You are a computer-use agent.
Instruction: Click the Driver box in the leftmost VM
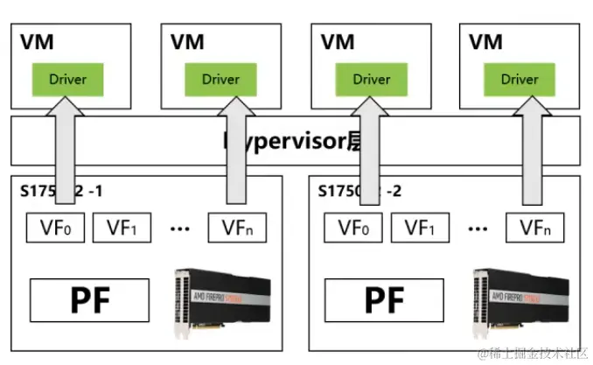(x=68, y=79)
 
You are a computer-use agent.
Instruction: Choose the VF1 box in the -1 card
(x=122, y=228)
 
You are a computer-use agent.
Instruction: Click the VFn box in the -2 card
(x=536, y=228)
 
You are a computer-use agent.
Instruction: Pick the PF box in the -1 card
(x=91, y=299)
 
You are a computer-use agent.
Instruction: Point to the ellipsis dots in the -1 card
(x=180, y=229)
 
